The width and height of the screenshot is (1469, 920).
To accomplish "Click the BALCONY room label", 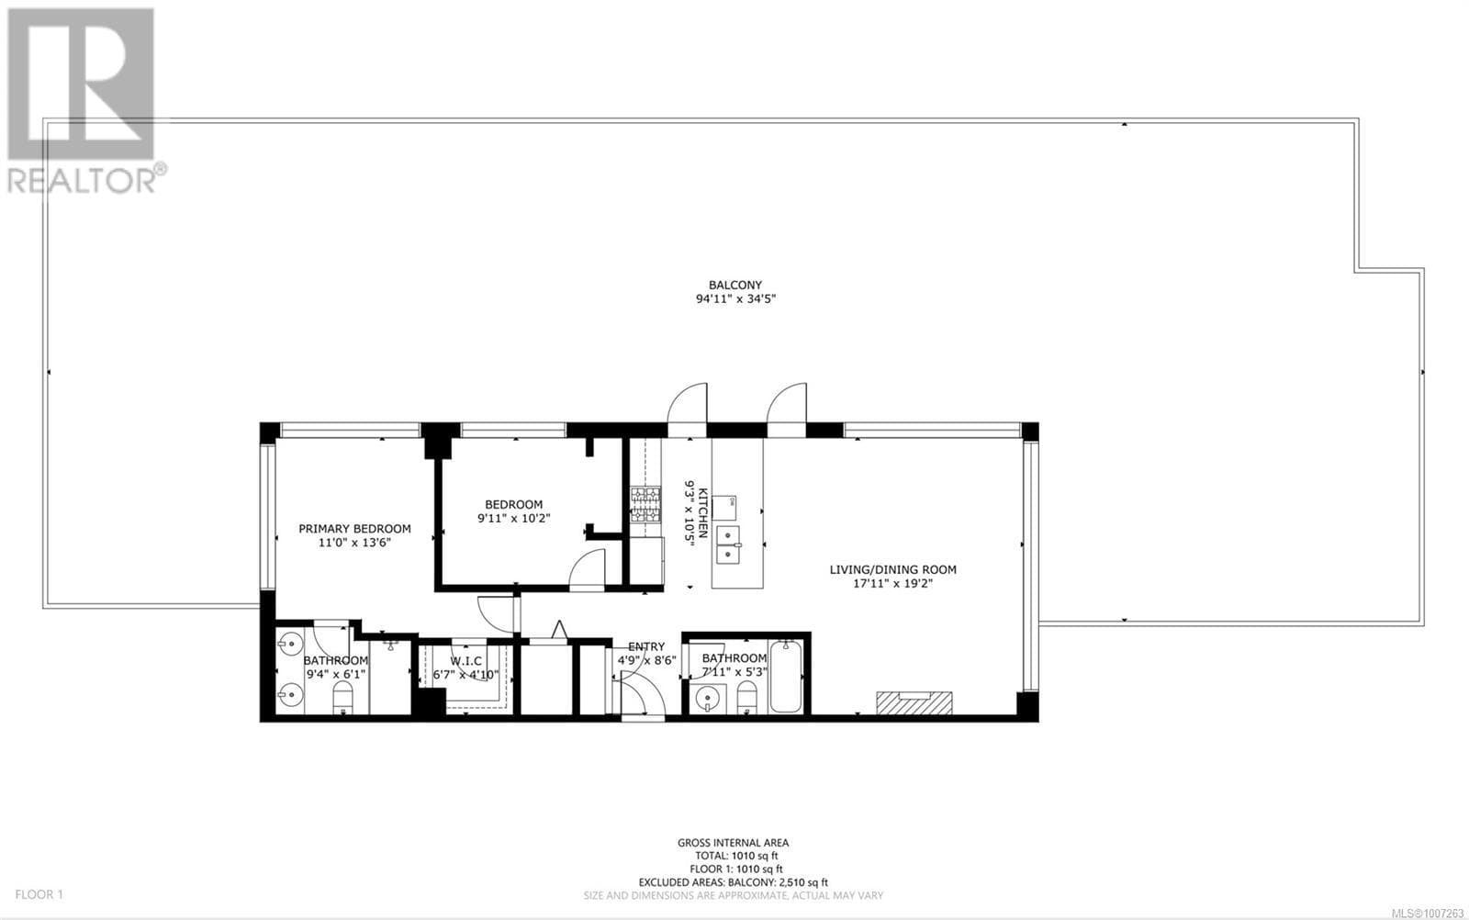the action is point(735,286).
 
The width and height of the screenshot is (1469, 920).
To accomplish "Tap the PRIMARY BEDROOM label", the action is point(354,529).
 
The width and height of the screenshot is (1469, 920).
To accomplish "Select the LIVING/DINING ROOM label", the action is point(892,570).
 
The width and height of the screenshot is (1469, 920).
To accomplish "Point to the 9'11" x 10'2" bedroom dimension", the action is point(513,518).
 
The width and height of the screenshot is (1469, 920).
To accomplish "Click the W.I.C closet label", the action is point(465,661).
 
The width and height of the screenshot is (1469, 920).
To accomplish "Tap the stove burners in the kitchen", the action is point(645,504).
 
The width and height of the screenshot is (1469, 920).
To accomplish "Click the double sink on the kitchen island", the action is point(728,544).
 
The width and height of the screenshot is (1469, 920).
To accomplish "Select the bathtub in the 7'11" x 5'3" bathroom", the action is point(786,677).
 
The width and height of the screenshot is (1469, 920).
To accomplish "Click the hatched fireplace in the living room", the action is point(914,703).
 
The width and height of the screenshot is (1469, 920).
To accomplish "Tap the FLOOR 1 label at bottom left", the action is point(39,894).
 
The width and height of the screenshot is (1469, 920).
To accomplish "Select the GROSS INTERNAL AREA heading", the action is point(734,843).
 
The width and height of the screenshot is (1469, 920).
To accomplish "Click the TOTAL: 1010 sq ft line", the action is point(736,856).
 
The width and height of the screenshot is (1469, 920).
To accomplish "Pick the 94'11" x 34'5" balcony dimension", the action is point(735,299).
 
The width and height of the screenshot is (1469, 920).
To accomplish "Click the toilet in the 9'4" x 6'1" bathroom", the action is point(343,698).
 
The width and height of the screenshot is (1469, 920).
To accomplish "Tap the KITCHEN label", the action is point(702,512).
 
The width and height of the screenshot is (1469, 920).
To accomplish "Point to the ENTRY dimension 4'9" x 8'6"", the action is point(646,660).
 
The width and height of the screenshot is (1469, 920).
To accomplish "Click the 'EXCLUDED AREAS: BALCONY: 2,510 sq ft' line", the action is point(734,882).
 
